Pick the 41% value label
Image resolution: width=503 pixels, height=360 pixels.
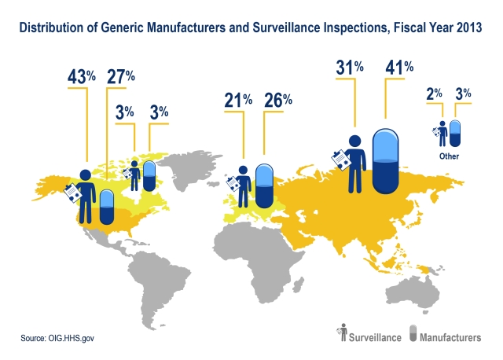click(399, 68)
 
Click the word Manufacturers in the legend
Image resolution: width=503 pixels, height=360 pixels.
click(451, 337)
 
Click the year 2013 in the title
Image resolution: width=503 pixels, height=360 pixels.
click(467, 29)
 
